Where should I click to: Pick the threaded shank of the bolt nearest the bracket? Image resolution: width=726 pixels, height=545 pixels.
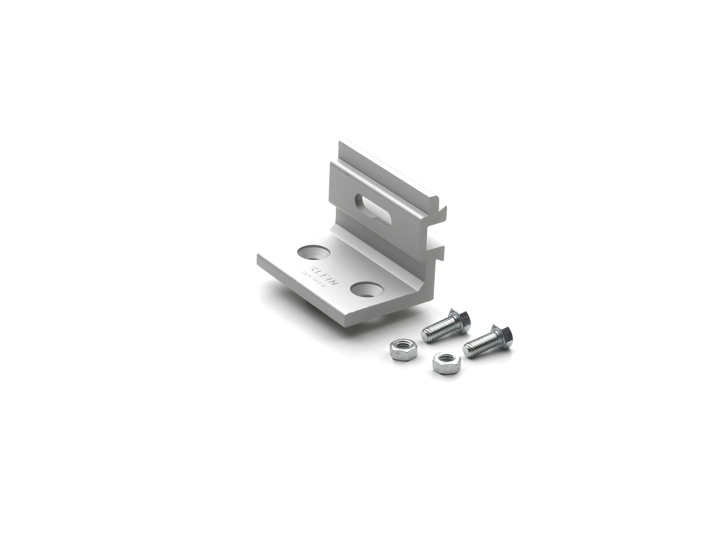click(x=438, y=327)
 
